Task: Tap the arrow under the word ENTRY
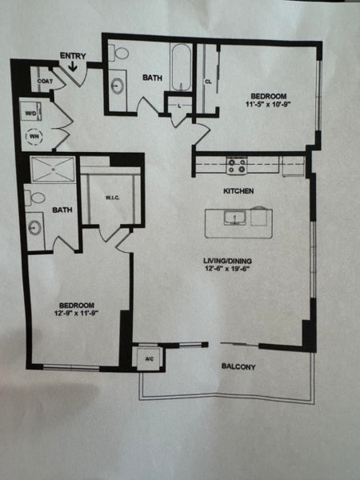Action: (73, 67)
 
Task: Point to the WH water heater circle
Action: (34, 137)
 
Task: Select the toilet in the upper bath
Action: (121, 54)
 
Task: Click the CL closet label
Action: (208, 82)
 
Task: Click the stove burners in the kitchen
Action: (236, 166)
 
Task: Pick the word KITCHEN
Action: (238, 191)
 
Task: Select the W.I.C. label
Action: (113, 198)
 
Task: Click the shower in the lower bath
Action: (54, 170)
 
